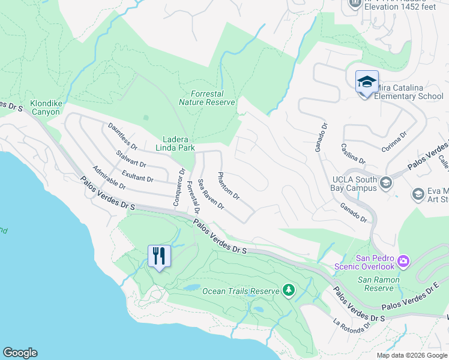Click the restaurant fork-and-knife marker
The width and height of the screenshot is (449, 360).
[159, 256]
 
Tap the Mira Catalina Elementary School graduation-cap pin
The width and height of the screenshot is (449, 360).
[366, 81]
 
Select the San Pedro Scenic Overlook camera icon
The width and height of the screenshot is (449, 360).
[403, 261]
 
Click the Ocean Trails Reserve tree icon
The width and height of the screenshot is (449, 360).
[289, 291]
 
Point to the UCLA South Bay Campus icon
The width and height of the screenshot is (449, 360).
[386, 182]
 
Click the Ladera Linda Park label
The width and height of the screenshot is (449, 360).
[176, 143]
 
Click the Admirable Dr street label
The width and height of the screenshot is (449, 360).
[109, 178]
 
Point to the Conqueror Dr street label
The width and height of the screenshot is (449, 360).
[178, 187]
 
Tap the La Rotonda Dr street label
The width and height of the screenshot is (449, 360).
[352, 325]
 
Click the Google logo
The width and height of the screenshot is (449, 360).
[20, 353]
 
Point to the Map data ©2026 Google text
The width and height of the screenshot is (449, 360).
[411, 355]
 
